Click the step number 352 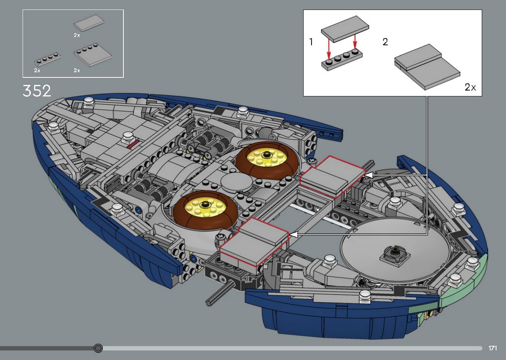click(37, 91)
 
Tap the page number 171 click(493, 348)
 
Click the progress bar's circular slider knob click(98, 348)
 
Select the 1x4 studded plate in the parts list click(47, 60)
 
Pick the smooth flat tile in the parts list click(89, 23)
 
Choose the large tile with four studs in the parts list click(93, 55)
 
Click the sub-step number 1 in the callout click(311, 42)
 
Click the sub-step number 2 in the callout click(385, 42)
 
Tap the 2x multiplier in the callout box click(470, 87)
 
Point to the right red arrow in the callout click(355, 42)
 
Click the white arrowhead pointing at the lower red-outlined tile click(293, 235)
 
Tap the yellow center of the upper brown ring click(267, 157)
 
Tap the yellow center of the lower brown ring click(205, 207)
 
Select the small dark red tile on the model click(133, 144)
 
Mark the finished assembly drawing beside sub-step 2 click(427, 67)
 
